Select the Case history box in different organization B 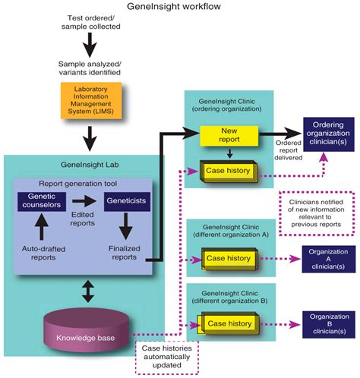[x=229, y=323]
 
